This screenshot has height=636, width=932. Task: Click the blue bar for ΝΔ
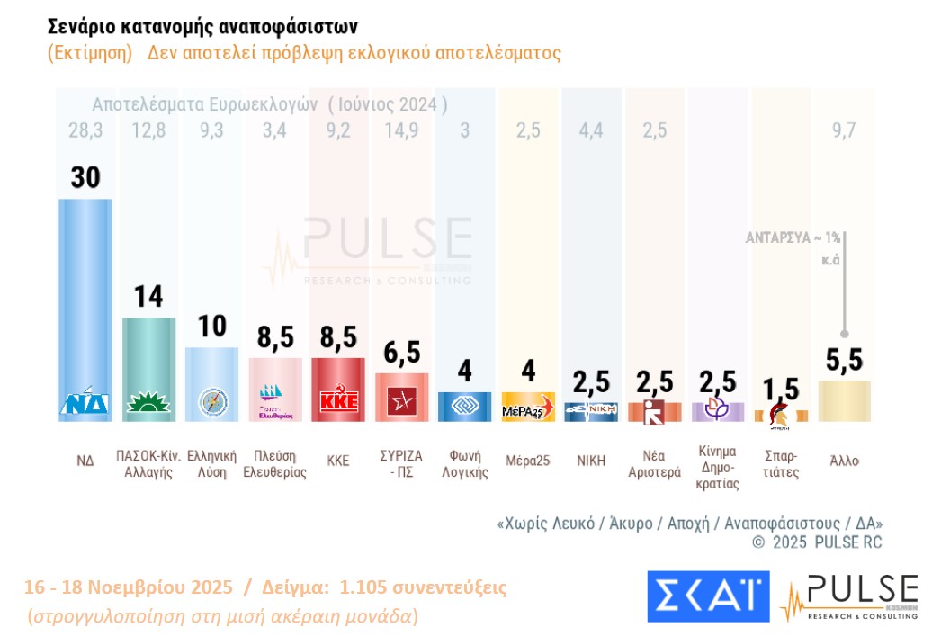pyautogui.click(x=85, y=297)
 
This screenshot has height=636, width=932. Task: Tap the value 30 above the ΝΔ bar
pyautogui.click(x=85, y=177)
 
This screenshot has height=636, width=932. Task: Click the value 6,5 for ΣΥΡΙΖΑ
pyautogui.click(x=402, y=354)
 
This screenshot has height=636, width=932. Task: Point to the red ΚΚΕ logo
pyautogui.click(x=338, y=401)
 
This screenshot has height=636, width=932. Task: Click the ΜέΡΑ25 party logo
pyautogui.click(x=528, y=409)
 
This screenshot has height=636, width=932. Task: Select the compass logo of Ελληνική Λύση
pyautogui.click(x=212, y=401)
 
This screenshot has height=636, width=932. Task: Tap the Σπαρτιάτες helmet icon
pyautogui.click(x=780, y=413)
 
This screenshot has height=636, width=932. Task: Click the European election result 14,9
pyautogui.click(x=402, y=130)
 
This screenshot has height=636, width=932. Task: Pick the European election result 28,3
pyautogui.click(x=85, y=130)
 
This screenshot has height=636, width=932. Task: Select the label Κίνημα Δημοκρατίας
pyautogui.click(x=717, y=467)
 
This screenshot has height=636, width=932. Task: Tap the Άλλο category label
pyautogui.click(x=844, y=460)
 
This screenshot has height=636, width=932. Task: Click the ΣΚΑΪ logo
pyautogui.click(x=708, y=596)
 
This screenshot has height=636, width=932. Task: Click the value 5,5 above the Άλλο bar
pyautogui.click(x=844, y=360)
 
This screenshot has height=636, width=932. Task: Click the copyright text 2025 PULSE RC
pyautogui.click(x=817, y=542)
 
